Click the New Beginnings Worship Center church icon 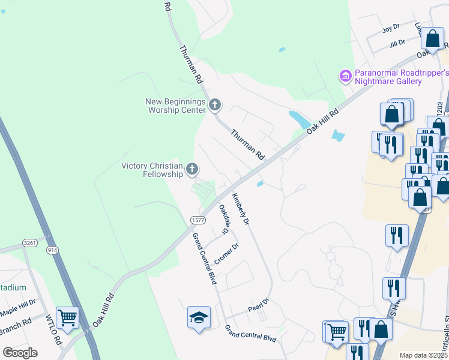(215, 106)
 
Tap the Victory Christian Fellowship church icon (192, 170)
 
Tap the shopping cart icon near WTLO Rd (67, 318)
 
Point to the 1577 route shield (199, 220)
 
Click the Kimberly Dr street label (241, 209)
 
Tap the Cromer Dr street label (227, 254)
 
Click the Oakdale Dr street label (224, 219)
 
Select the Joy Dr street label (391, 29)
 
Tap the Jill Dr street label (397, 43)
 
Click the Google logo (20, 353)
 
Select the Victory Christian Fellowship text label (152, 170)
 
